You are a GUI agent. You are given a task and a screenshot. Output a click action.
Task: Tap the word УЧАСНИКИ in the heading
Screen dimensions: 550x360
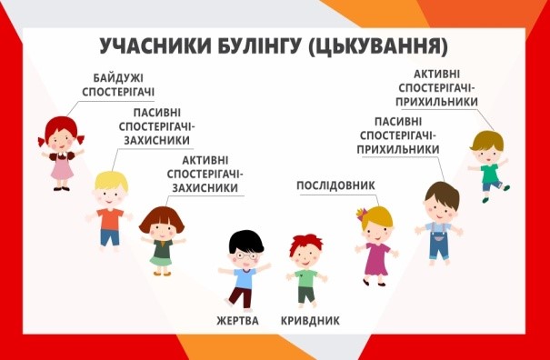coord(155,46)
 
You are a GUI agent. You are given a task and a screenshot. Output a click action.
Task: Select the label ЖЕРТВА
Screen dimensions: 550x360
coord(237,321)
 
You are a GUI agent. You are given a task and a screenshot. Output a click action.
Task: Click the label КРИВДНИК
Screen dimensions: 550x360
coord(310,321)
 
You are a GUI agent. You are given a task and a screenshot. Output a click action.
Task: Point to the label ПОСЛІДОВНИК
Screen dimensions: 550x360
coord(335,185)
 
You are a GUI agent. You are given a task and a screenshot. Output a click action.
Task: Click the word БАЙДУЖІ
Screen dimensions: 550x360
coord(118,78)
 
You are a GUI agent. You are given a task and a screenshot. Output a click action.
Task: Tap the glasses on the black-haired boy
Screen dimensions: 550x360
coord(246,255)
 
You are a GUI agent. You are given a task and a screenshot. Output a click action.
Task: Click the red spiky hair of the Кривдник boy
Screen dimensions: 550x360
coord(305,243)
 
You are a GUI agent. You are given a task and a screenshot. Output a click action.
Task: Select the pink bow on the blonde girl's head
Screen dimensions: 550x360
coord(361,213)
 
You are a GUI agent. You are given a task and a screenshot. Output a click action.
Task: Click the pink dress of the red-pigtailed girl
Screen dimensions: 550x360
coord(62,167)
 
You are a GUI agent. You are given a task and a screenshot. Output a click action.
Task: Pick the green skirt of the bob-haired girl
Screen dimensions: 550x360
coord(161,261)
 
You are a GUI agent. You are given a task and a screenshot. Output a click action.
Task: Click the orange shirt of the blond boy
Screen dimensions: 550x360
coord(110,219)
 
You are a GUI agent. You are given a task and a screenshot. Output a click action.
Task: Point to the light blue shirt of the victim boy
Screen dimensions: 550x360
coord(245,278)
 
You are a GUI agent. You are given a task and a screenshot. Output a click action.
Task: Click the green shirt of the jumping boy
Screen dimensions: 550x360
coord(490,174)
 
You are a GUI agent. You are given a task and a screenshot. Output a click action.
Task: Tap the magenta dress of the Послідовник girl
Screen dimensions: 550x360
coord(376,259)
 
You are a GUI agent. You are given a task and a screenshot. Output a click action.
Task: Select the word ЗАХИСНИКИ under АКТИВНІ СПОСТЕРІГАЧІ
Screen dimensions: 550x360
coord(205,188)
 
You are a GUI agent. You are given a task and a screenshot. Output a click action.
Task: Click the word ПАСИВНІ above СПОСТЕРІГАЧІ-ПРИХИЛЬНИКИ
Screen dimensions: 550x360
coord(398,122)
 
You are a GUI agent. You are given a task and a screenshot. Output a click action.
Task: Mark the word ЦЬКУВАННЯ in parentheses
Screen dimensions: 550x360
coord(378,46)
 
